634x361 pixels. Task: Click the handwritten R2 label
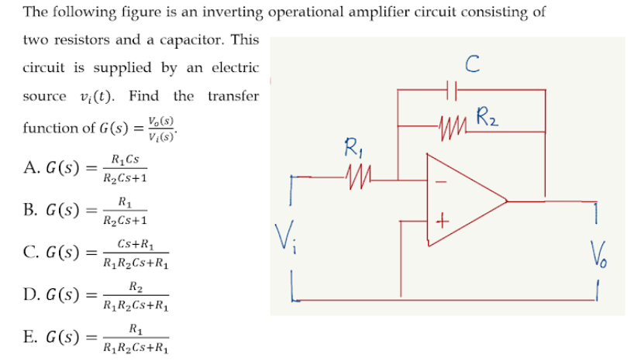488,119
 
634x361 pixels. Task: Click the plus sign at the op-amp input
441,222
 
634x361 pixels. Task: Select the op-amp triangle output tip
506,201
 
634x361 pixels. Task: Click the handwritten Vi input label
285,236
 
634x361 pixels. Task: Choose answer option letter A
30,168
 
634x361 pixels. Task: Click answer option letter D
30,294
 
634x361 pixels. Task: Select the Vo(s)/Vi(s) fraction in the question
164,127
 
